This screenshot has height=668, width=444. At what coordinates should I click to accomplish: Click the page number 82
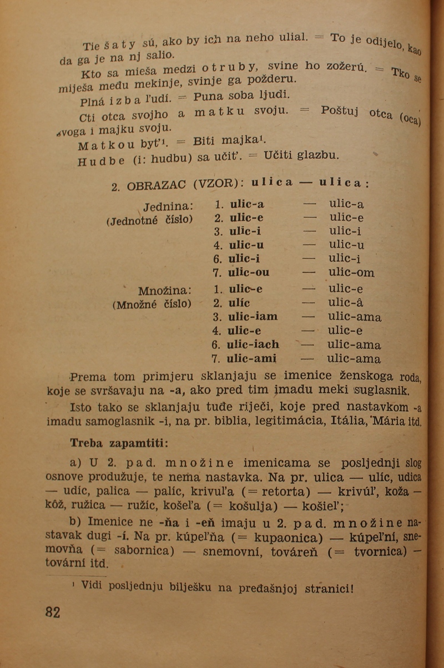(x=53, y=612)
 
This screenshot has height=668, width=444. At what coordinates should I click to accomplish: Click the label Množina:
(x=165, y=290)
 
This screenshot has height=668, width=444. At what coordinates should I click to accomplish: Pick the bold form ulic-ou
(x=249, y=272)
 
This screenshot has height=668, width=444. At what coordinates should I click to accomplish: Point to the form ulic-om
(x=351, y=272)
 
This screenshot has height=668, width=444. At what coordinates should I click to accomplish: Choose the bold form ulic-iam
(x=253, y=317)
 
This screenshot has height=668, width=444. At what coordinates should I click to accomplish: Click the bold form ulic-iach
(x=253, y=345)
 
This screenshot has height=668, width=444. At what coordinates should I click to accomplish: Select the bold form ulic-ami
(x=252, y=358)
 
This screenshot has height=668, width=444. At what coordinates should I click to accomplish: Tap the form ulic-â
(x=346, y=303)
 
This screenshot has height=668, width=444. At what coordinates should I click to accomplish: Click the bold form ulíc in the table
(x=239, y=303)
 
